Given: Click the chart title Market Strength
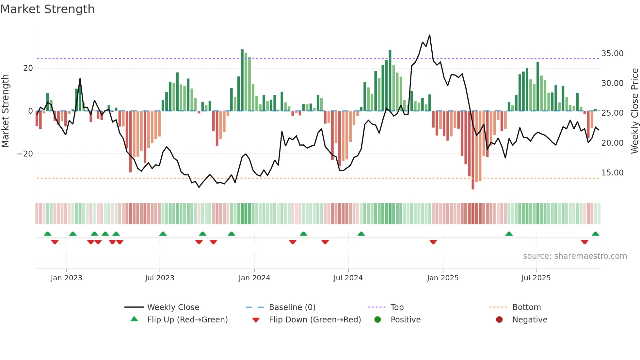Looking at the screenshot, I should pos(47,9).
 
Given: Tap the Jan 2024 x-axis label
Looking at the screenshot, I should pos(254,278).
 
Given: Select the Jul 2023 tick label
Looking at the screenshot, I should pos(160,278).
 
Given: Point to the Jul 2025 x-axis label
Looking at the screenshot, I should pos(536,278).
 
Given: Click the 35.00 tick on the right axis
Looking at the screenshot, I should pos(612,54).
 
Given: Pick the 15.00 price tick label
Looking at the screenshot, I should pos(612,173).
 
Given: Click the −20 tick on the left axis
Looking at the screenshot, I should pos(25,154).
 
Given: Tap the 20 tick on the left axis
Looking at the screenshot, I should pos(28,68).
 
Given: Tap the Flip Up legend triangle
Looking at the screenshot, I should pos(134,319).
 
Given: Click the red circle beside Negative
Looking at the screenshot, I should pos(499,319).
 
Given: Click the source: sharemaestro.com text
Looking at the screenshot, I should pos(575,256).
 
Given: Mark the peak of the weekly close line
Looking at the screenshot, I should pos(429,35).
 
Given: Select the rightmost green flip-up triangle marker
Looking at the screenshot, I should pos(595,234).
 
